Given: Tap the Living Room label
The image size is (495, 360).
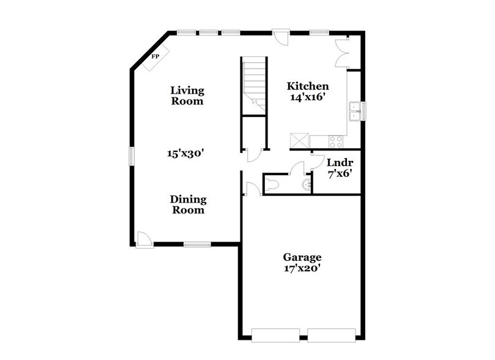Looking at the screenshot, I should [187, 96].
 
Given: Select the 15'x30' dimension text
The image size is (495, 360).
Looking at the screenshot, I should [185, 154].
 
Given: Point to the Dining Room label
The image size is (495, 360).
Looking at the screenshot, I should [188, 204].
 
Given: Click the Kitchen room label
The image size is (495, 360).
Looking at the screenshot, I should [308, 86].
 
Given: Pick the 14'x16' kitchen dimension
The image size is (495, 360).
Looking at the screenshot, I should [308, 97].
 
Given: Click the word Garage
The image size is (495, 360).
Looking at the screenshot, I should [302, 257].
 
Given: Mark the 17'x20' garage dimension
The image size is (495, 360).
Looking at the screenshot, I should [302, 268].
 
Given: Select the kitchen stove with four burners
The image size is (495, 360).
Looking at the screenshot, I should [336, 141].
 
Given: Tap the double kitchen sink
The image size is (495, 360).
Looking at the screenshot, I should [354, 111].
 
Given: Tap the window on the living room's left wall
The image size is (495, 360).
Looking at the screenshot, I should [131, 155].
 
